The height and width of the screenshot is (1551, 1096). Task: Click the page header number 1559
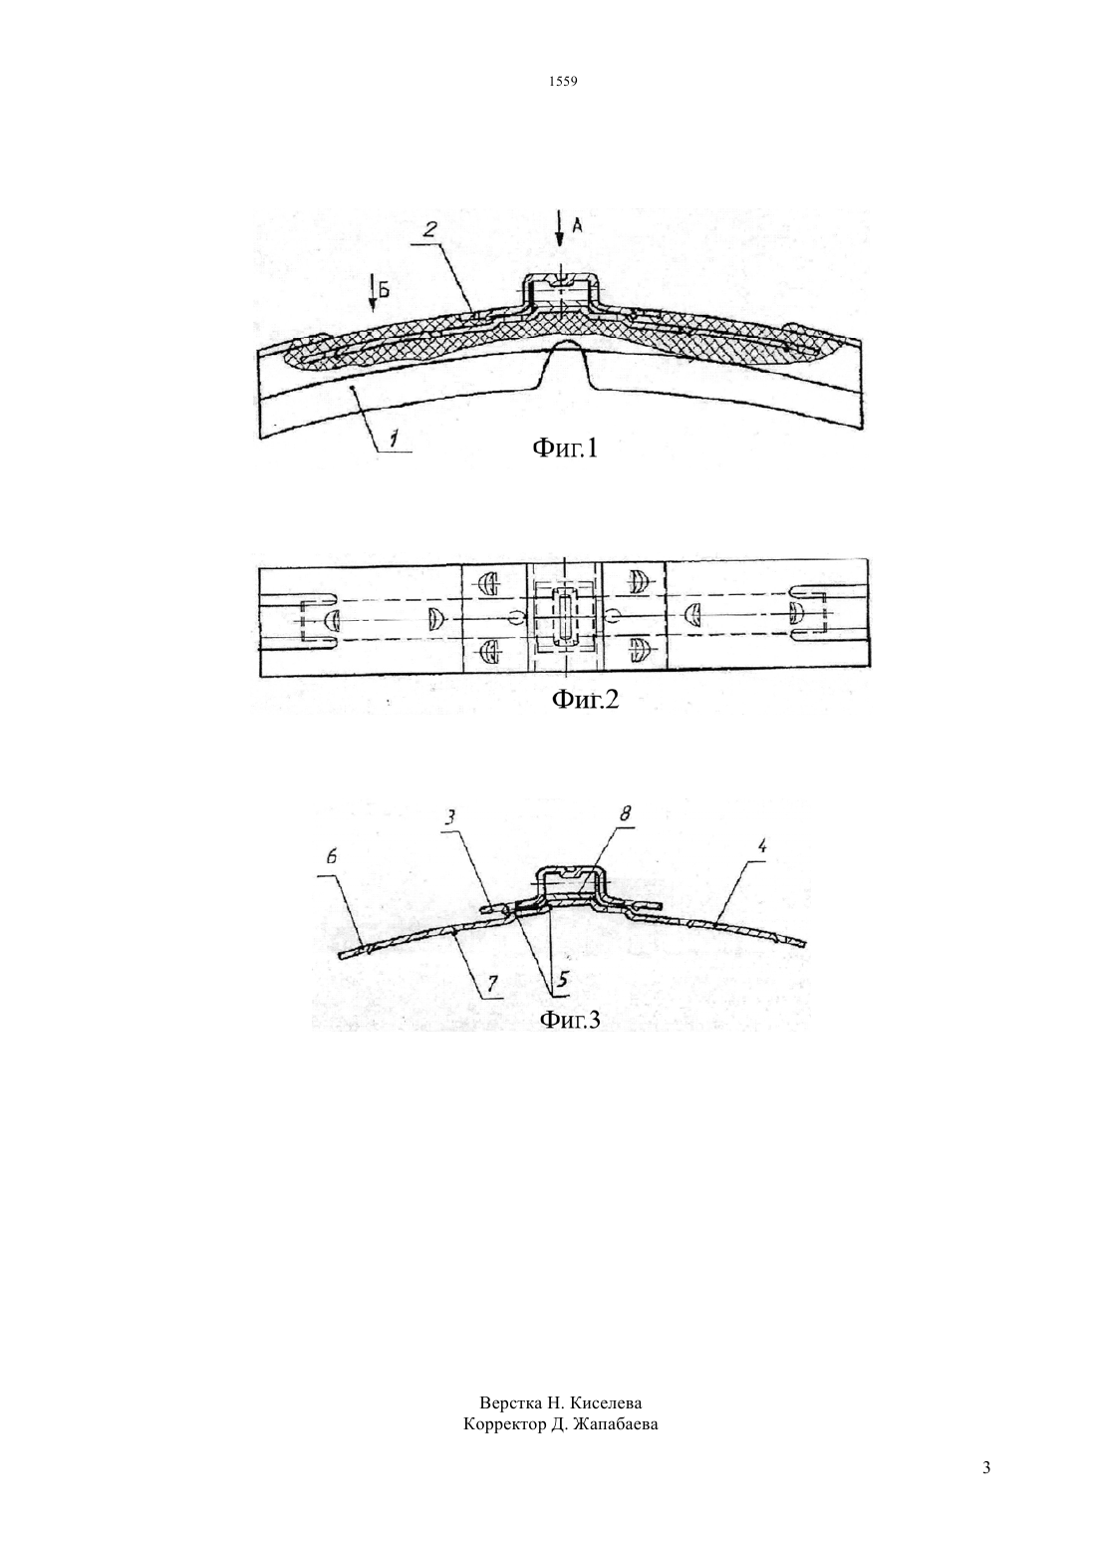pos(563,82)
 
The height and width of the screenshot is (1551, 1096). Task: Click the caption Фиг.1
pos(565,449)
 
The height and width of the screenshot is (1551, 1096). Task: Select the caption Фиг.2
pos(585,700)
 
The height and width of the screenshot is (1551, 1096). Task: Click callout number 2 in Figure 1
pos(430,230)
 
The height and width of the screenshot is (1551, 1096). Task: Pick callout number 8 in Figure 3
pos(624,813)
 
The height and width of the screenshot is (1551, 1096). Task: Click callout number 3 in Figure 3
pos(449,817)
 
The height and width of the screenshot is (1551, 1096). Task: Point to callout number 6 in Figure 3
pos(332,857)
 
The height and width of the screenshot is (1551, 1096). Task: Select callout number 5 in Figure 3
pos(563,981)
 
